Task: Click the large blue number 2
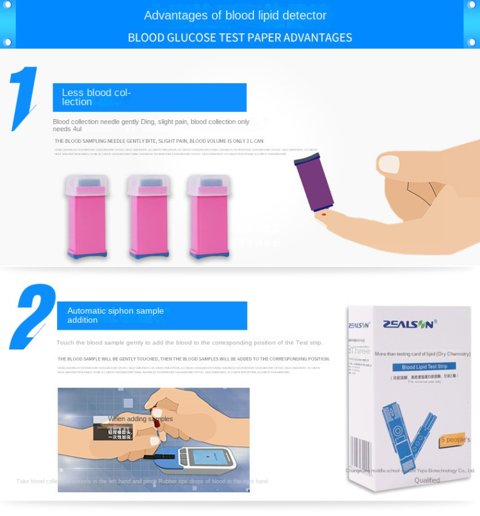(33, 316)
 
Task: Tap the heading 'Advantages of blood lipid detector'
(235, 15)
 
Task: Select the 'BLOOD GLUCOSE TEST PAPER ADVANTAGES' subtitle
(240, 38)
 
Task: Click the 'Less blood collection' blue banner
(149, 97)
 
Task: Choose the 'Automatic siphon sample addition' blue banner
(152, 316)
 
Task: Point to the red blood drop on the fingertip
(323, 214)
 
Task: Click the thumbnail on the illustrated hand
(388, 164)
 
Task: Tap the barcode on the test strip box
(360, 455)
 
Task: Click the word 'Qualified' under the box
(427, 480)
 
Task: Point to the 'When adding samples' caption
(140, 419)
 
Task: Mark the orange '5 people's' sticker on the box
(455, 439)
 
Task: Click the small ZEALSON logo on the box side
(359, 325)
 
